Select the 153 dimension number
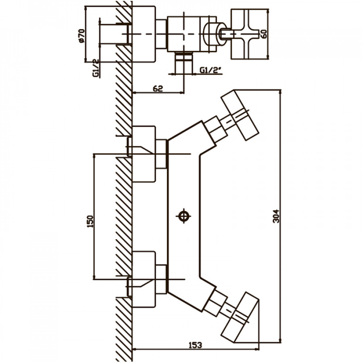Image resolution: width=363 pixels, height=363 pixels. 195,345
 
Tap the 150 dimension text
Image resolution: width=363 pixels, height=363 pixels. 90,221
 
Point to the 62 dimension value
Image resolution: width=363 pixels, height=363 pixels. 158,88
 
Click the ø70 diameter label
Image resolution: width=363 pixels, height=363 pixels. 82,35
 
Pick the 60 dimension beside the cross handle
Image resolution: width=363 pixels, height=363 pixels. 264,34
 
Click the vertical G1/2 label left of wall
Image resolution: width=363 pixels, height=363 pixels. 96,68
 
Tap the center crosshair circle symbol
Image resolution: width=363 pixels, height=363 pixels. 184,216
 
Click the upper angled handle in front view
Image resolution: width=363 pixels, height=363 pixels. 240,115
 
